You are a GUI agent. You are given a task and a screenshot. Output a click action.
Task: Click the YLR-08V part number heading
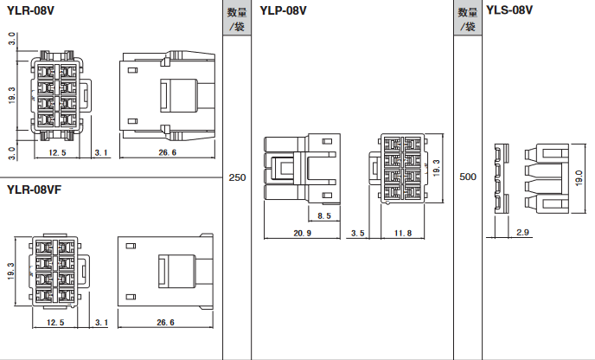point(31,10)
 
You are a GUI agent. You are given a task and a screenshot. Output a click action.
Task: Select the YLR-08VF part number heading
point(34,190)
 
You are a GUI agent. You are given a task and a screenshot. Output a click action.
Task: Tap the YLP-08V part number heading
point(283,10)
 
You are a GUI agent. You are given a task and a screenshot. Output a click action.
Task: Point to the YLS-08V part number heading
point(509,10)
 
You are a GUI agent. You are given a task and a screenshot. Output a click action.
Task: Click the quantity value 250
point(237,177)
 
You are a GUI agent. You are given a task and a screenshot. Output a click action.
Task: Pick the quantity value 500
point(468,177)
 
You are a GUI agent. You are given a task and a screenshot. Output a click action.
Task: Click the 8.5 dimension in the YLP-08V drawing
point(324,215)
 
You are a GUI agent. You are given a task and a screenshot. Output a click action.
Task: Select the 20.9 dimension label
point(302,233)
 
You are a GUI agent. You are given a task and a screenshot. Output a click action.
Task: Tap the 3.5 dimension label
point(357,233)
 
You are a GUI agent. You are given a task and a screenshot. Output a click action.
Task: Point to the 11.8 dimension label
point(403,233)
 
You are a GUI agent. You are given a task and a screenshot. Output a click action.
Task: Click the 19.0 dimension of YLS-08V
point(579,178)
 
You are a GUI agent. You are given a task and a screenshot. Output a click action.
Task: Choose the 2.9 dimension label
point(522,232)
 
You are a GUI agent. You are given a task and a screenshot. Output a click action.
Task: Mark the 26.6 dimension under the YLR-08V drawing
point(168,152)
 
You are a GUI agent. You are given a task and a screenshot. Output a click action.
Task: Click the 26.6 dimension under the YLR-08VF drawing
point(165,323)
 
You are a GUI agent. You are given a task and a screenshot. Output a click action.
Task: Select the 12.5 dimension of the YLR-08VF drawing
point(55,323)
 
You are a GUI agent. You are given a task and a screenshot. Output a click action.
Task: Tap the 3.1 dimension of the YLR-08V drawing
point(101,152)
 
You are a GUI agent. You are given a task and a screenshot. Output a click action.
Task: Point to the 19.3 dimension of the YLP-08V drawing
point(437,168)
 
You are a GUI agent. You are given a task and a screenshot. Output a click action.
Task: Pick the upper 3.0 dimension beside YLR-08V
point(12,39)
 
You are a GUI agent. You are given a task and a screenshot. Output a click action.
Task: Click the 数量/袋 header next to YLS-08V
point(468,19)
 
